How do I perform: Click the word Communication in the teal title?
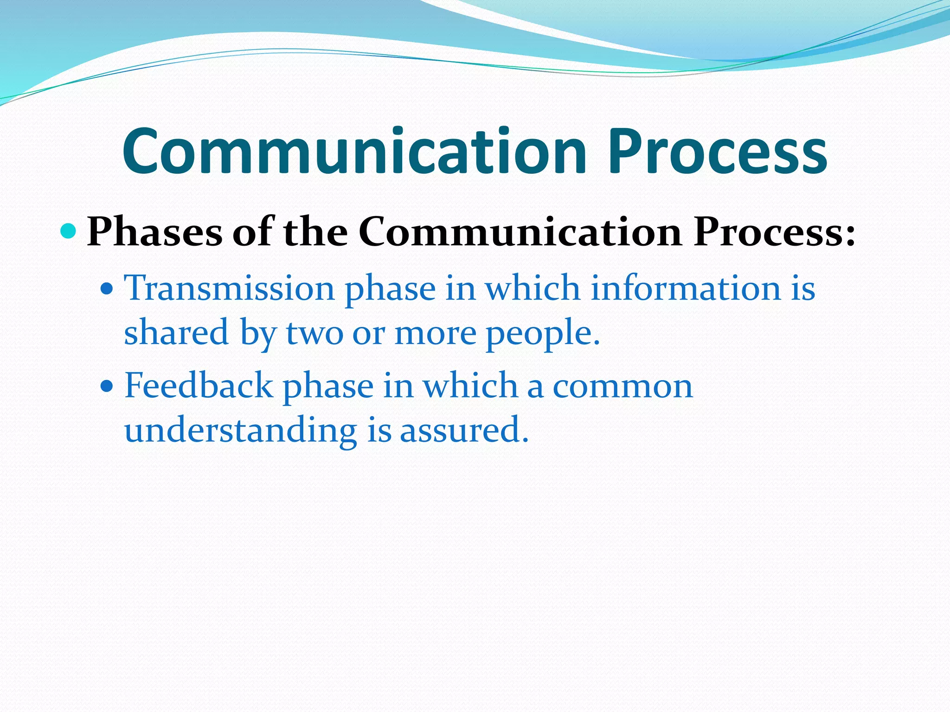click(x=355, y=152)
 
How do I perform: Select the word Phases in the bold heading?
click(x=154, y=231)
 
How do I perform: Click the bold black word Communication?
click(x=520, y=231)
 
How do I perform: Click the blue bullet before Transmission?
click(x=107, y=290)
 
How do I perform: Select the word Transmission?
click(x=229, y=288)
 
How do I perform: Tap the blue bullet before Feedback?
click(x=107, y=386)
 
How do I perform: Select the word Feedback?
click(x=199, y=385)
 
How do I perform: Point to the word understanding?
click(x=240, y=430)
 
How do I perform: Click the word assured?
click(x=463, y=430)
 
